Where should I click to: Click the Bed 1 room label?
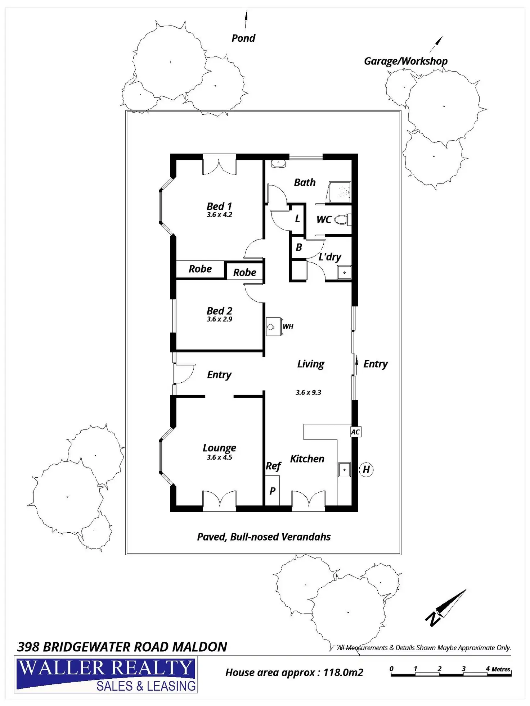219,206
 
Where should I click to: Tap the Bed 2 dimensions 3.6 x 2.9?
219,319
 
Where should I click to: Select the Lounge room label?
219,448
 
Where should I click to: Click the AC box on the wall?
355,432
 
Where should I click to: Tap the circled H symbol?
366,469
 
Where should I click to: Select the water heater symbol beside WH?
273,327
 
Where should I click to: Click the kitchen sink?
344,470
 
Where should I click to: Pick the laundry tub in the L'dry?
344,272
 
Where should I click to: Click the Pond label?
243,38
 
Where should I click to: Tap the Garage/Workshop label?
406,61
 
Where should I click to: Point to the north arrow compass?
446,609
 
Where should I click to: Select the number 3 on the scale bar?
464,669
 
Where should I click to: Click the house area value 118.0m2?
343,672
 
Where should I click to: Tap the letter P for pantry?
273,491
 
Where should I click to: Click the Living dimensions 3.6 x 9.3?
309,392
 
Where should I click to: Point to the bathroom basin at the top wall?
278,164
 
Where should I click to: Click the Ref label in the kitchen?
273,466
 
